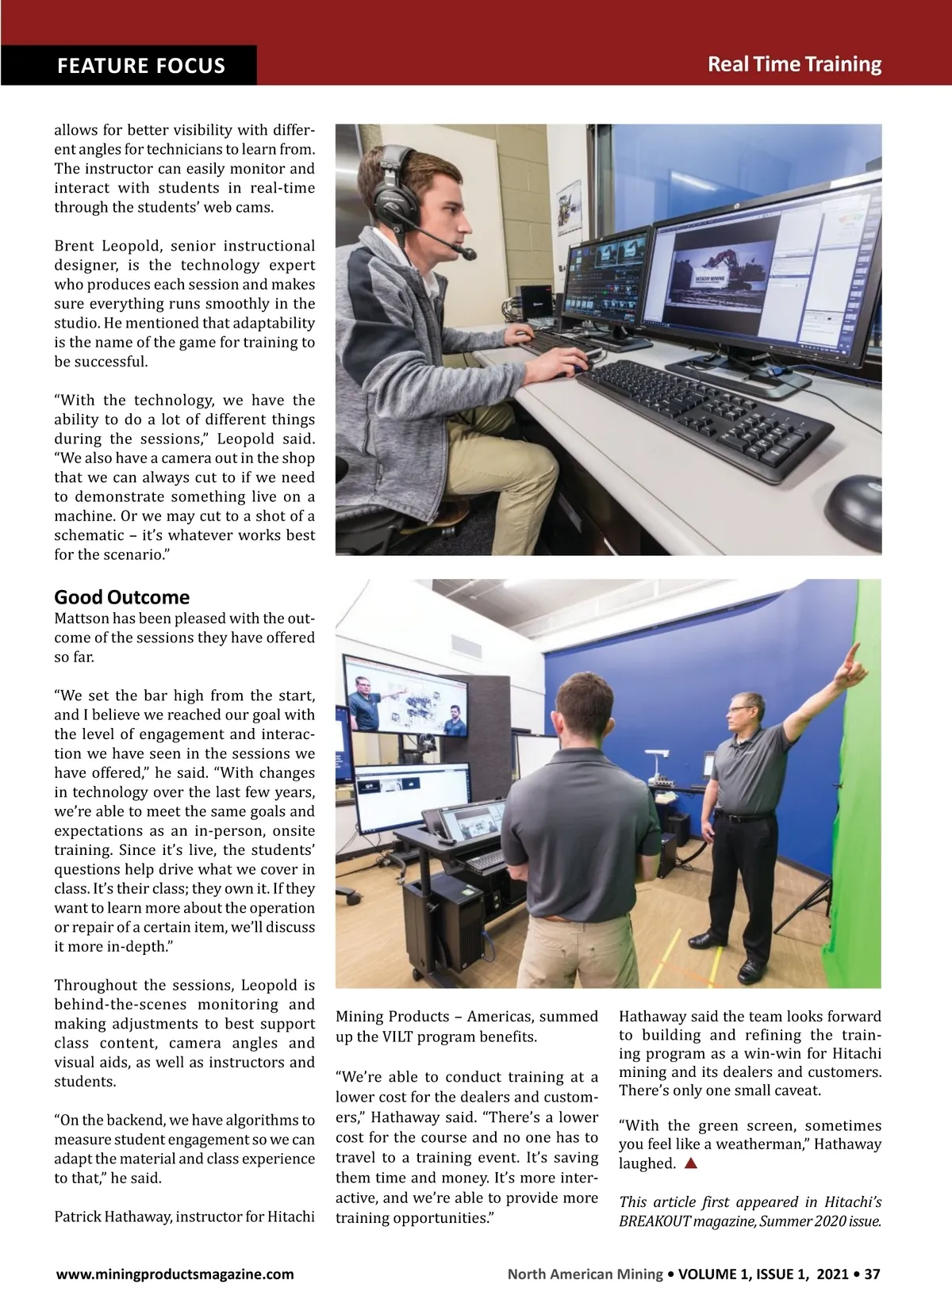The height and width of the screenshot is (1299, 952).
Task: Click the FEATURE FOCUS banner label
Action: (140, 65)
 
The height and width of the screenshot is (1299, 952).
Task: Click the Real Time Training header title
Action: (794, 64)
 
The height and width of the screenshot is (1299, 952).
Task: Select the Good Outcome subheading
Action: (121, 597)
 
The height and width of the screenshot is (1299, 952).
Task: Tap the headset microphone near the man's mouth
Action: (467, 254)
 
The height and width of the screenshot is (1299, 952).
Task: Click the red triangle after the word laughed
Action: (690, 1163)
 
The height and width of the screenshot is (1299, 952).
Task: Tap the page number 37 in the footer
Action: (872, 1274)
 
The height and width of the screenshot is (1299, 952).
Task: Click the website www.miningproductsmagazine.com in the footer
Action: (175, 1274)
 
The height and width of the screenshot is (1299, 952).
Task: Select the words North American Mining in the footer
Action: (585, 1274)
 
